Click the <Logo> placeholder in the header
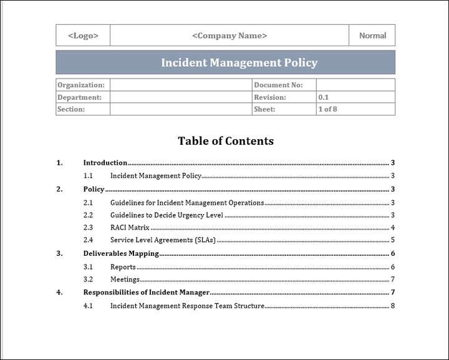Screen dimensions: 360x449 (x=83, y=36)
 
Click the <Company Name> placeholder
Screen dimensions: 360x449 (x=229, y=36)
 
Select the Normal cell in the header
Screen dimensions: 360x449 (x=372, y=36)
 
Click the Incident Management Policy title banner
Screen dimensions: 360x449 (x=239, y=62)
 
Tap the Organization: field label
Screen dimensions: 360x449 (x=81, y=85)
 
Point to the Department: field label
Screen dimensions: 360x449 (x=79, y=97)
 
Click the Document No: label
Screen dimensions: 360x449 (x=278, y=85)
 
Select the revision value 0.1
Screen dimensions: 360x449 (x=324, y=97)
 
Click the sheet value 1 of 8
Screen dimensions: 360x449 (x=327, y=109)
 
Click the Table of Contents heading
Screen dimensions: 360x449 (x=226, y=141)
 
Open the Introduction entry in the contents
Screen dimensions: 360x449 (x=105, y=163)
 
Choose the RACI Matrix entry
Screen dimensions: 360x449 (x=130, y=227)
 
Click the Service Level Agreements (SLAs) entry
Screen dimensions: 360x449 (x=163, y=240)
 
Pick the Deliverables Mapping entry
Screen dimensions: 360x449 (x=121, y=253)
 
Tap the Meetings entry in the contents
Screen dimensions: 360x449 (x=125, y=280)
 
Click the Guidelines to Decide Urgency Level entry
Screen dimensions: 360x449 (x=167, y=215)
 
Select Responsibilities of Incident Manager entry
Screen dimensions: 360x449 (x=147, y=292)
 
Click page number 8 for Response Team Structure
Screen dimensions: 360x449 (x=393, y=306)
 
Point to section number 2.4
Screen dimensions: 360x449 (x=88, y=240)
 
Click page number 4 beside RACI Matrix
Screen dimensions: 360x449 (x=393, y=227)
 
